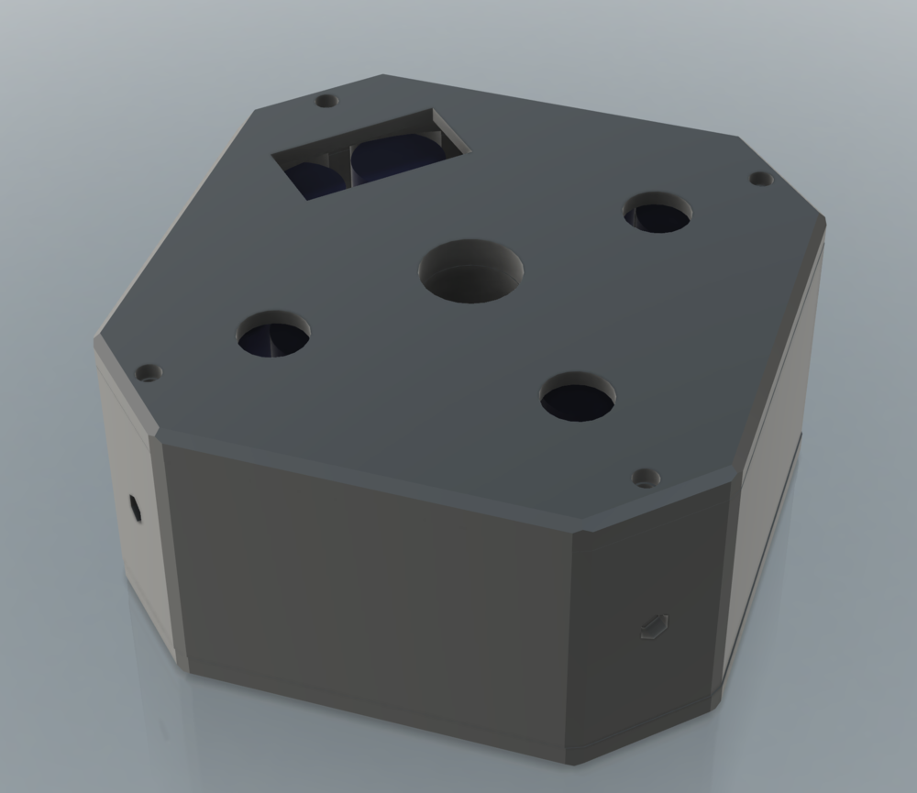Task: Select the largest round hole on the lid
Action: [x=470, y=270]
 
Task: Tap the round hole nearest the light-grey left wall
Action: [x=273, y=336]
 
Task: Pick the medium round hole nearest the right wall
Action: [x=657, y=214]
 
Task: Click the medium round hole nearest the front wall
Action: [x=578, y=398]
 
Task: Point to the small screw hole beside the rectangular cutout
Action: [x=326, y=100]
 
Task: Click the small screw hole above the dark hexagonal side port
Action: [x=148, y=373]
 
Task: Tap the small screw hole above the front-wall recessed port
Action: [x=646, y=478]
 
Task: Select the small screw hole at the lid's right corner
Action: [x=757, y=178]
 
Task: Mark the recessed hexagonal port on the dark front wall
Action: [x=654, y=626]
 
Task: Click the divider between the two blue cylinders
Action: [x=350, y=165]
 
